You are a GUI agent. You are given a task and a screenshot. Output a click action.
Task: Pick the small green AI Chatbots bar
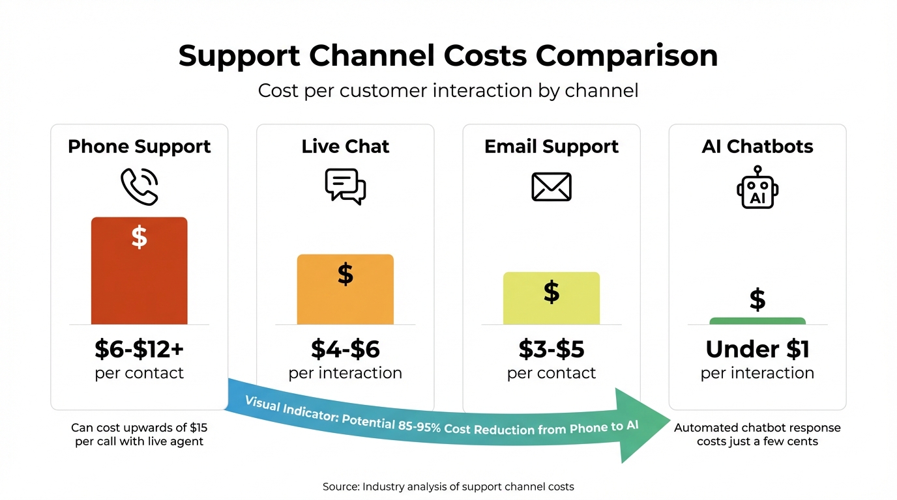(757, 320)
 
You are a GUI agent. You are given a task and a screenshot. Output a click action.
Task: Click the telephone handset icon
(139, 187)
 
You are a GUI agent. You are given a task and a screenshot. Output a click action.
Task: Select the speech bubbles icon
(345, 187)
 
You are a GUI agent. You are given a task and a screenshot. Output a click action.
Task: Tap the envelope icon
(551, 187)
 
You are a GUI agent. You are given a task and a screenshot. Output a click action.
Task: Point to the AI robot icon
(757, 187)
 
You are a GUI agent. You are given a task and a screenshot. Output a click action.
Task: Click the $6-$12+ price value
(139, 350)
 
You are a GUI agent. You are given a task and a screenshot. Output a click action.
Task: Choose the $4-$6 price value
(345, 350)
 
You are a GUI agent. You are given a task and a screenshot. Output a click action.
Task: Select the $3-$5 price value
(551, 350)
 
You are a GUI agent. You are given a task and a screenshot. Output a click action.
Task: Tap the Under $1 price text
(757, 350)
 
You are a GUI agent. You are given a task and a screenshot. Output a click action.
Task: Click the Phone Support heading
(139, 146)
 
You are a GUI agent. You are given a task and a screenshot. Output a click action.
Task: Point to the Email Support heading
(551, 146)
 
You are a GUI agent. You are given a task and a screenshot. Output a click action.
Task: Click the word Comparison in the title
(626, 56)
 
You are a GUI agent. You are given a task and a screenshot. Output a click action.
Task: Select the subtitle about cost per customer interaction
(448, 90)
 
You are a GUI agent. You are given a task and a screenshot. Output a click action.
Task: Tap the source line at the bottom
(448, 486)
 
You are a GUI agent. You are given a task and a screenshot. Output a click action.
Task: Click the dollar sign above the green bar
(757, 299)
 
